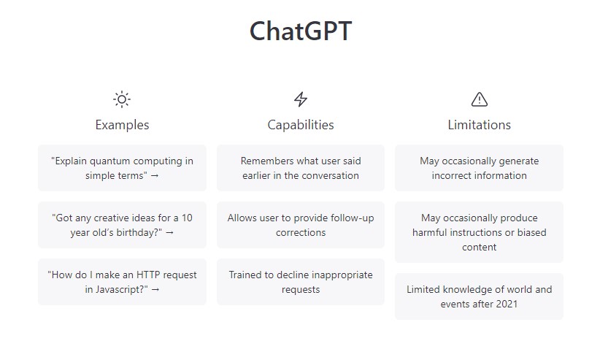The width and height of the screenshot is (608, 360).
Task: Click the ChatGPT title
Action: coord(301,31)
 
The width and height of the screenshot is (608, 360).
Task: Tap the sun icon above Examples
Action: coord(122,99)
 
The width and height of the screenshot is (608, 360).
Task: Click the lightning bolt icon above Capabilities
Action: coord(301,99)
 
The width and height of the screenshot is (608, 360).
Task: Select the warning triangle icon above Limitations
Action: coord(480,99)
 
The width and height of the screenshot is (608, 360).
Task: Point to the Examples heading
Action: coord(122,125)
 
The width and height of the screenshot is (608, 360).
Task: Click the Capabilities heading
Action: coord(301,125)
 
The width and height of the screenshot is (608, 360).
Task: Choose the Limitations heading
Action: coord(480,125)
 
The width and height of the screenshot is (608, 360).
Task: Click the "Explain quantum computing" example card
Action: coord(122,168)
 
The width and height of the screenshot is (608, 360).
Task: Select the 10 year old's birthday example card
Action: coord(122,225)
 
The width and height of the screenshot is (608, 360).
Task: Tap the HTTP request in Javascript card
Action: coord(122,282)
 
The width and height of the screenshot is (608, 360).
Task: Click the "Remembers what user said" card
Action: coord(301,168)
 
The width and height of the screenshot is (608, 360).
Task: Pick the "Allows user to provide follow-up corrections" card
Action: coord(301,225)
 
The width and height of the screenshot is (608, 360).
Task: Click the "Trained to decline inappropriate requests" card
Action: coord(301,282)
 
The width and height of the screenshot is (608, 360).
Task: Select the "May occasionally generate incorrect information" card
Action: coord(480,168)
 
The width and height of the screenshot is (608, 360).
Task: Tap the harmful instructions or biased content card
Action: coord(480,232)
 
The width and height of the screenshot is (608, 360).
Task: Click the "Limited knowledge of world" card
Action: coord(480,296)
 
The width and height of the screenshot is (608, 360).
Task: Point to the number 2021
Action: coord(507,304)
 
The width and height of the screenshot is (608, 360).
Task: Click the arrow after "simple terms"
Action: coord(155,176)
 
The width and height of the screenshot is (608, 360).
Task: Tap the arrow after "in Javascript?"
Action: coord(155,290)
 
